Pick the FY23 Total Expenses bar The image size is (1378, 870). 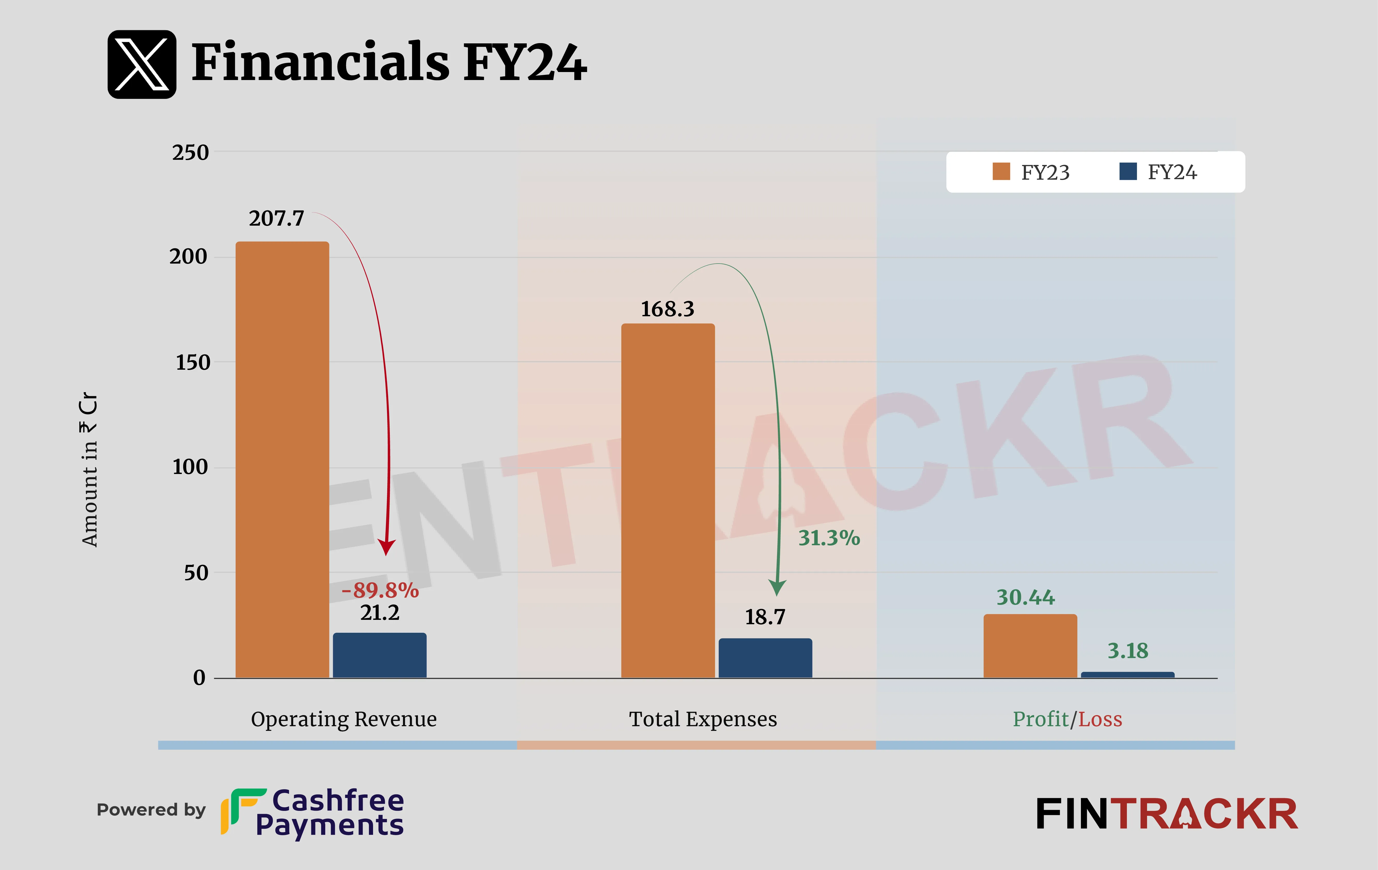(x=668, y=501)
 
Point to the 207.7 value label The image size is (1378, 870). (x=276, y=218)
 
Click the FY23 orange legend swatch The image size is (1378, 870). (x=1001, y=172)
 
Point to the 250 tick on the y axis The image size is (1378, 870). (x=191, y=153)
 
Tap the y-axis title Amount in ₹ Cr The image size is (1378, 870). (x=89, y=469)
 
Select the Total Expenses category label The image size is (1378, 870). (x=703, y=719)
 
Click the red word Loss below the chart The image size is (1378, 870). (x=1100, y=719)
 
